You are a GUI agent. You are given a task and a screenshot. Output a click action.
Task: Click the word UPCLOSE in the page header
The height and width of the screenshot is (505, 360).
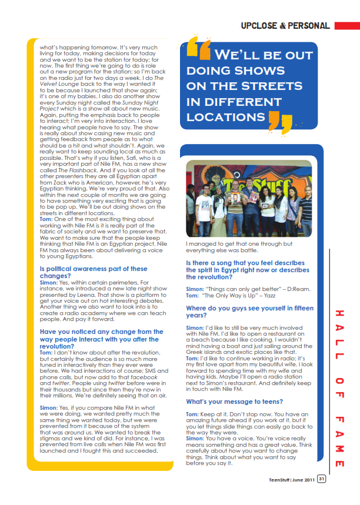(x=261, y=25)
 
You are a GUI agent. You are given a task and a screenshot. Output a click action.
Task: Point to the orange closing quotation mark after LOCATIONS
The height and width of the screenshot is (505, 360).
(x=281, y=121)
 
